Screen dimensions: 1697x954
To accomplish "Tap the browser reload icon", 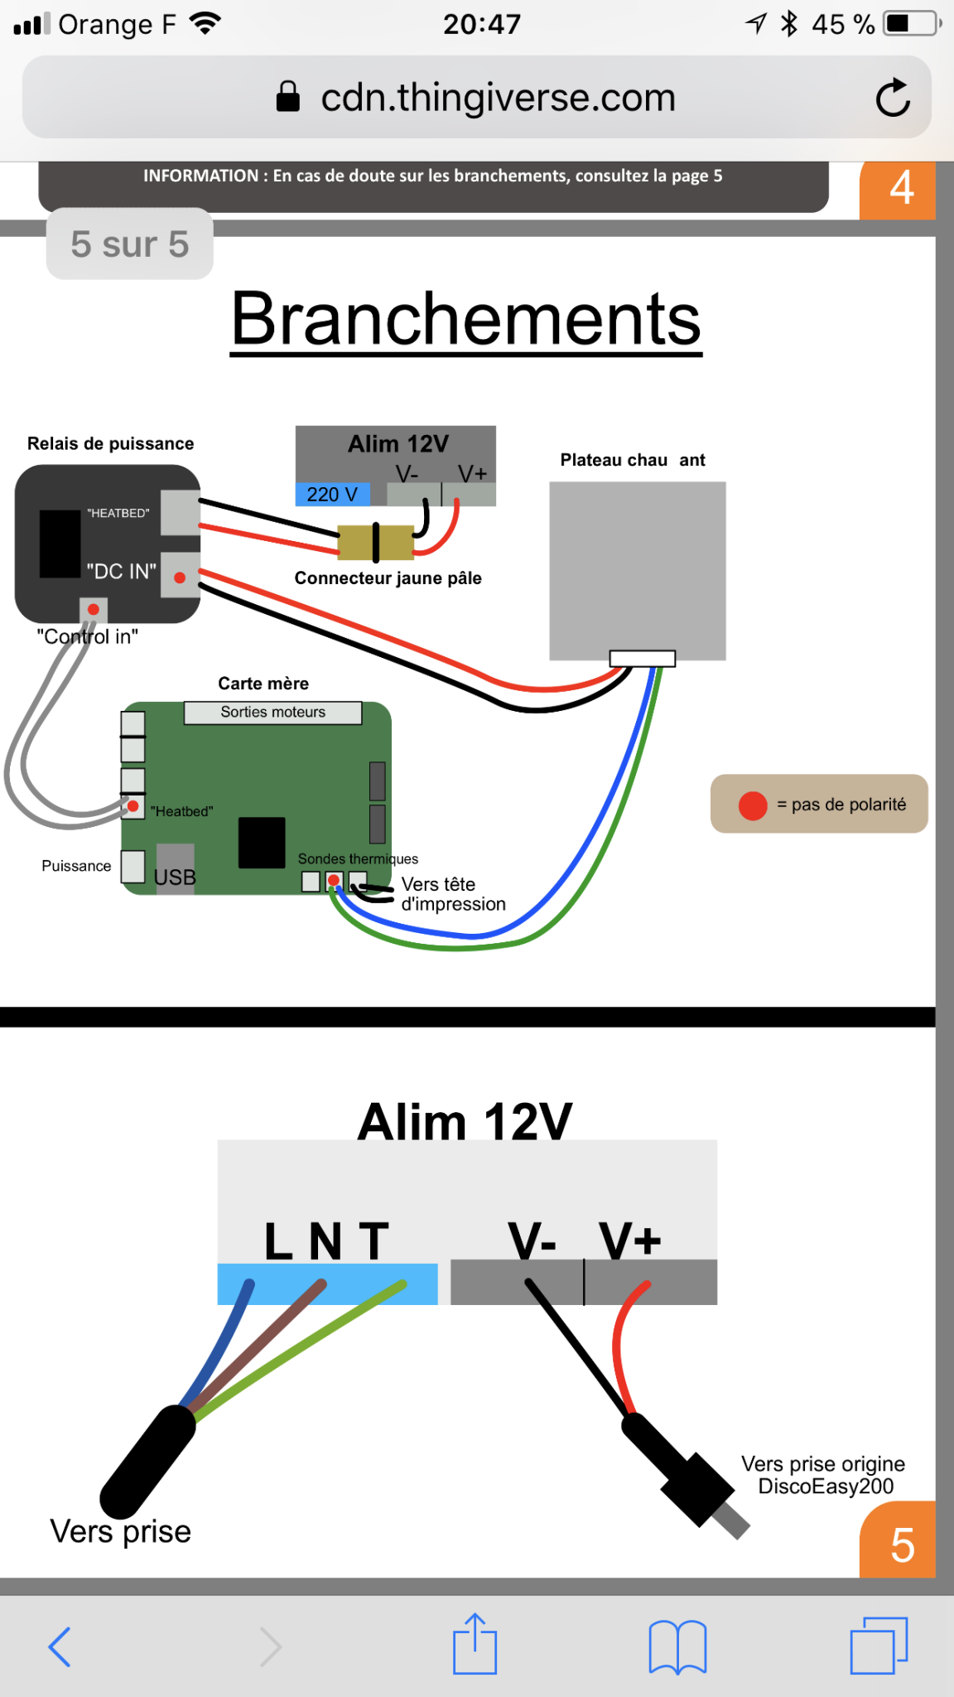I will pos(893,99).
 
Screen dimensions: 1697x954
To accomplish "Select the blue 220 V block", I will pos(332,495).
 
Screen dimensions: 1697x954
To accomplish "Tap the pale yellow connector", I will pos(375,542).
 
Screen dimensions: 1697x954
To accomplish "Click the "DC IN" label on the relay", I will pos(121,571).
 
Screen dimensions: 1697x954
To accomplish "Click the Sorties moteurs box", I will pos(272,713).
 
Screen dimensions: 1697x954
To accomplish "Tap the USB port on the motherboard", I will pos(175,868).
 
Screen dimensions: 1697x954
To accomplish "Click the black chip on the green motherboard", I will pos(262,843).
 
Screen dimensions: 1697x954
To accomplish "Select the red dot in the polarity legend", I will pos(753,805).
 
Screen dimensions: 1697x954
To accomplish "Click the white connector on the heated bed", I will pos(643,659).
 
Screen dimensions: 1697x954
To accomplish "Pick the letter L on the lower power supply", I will pos(279,1241).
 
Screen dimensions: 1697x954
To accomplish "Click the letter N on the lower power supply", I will pos(325,1241).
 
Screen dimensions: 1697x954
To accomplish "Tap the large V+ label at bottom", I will pos(630,1241).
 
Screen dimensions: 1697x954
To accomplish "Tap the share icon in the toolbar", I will pos(475,1644).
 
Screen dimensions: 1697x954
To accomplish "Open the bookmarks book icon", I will pos(677,1646).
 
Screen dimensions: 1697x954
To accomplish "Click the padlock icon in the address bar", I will pos(287,97).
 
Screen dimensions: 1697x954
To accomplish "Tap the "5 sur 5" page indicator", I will pos(130,244).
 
